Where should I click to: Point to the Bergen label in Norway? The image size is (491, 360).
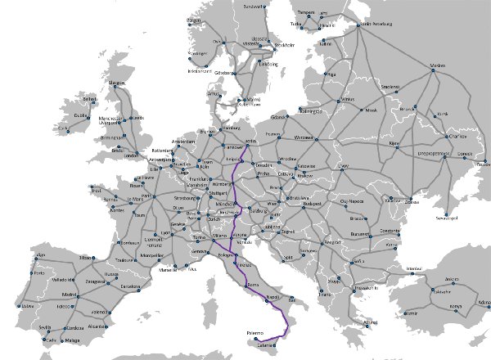[x=195, y=20]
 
